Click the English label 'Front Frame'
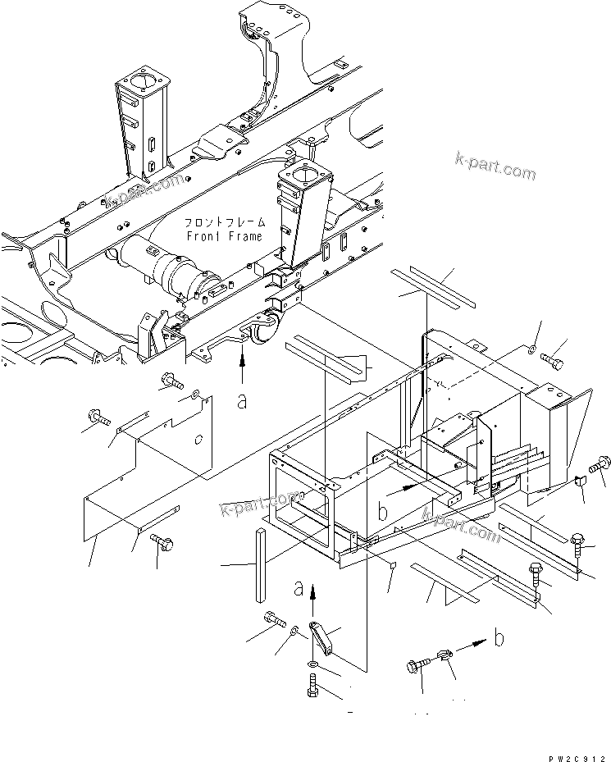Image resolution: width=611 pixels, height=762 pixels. tap(224, 236)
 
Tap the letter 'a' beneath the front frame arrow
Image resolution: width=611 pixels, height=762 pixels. tap(242, 401)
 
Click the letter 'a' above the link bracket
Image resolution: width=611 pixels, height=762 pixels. tap(299, 587)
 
